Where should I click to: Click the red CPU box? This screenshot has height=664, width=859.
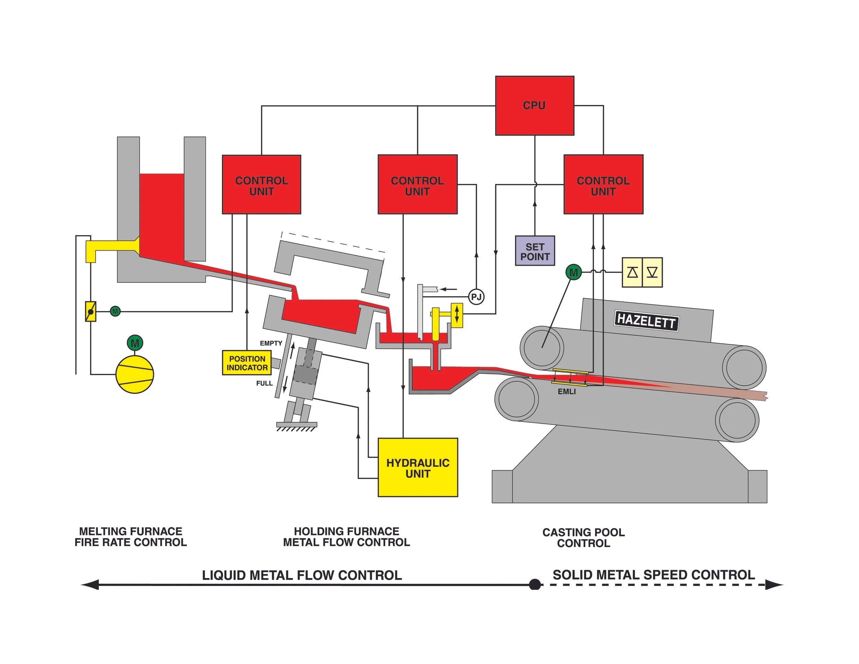click(534, 106)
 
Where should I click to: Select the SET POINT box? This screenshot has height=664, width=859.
click(535, 251)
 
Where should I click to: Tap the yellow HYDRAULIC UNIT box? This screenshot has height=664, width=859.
click(418, 467)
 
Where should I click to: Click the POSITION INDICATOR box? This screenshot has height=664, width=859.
click(247, 363)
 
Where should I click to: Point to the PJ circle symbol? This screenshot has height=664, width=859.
click(476, 297)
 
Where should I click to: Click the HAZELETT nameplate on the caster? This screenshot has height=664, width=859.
click(646, 321)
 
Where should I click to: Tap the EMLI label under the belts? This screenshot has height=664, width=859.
click(566, 392)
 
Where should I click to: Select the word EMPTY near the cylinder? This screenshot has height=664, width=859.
click(271, 343)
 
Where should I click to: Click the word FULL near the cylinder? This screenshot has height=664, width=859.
click(264, 383)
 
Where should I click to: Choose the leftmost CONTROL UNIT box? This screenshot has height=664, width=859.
click(261, 185)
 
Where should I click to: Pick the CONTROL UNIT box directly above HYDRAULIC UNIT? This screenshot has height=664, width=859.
click(417, 185)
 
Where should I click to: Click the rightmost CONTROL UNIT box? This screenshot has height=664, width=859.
click(603, 185)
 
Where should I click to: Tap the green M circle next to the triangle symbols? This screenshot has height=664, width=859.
click(573, 272)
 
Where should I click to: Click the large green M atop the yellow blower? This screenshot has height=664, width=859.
click(135, 343)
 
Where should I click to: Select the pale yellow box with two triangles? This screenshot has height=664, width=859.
click(642, 272)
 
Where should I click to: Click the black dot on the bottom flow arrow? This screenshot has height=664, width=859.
click(535, 585)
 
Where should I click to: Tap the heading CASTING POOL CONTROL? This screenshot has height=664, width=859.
click(583, 537)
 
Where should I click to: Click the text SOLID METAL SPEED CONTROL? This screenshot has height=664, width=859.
click(653, 575)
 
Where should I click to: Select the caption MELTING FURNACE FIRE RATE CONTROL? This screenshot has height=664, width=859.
click(131, 536)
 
